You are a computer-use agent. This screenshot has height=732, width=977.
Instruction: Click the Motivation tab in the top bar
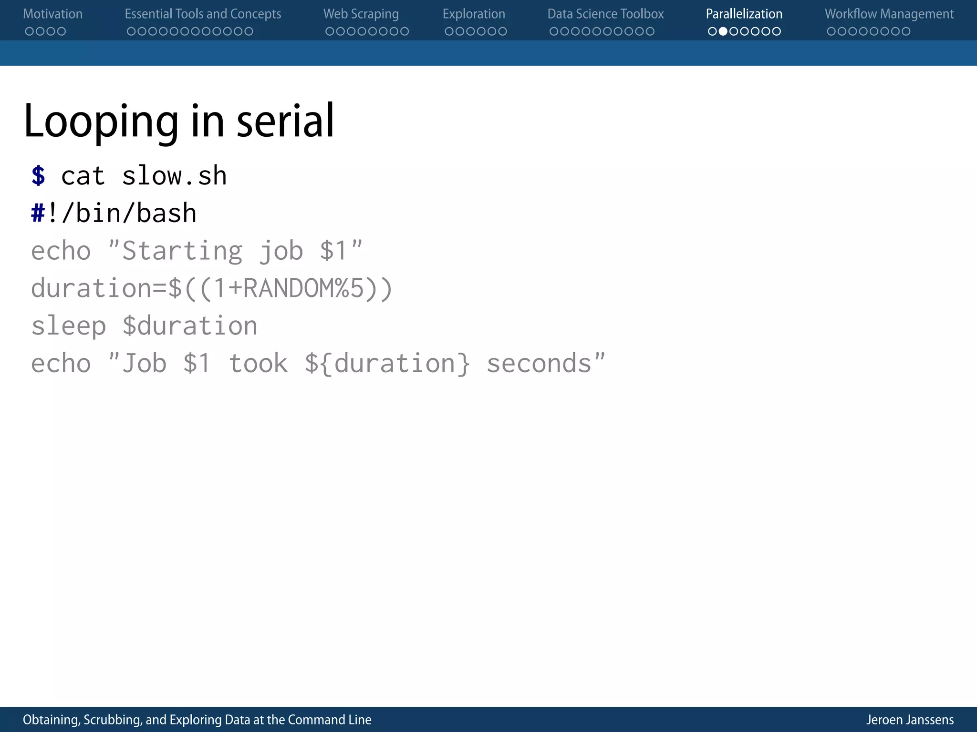click(x=52, y=14)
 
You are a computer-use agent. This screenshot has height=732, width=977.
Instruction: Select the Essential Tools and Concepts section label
click(x=203, y=14)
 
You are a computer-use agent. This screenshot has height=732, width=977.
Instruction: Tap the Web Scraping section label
click(x=361, y=14)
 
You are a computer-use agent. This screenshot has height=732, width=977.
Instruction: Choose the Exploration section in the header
click(x=474, y=14)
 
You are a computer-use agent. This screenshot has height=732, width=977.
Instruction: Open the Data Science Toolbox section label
click(x=605, y=14)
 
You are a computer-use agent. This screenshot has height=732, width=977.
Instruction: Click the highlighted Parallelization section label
click(x=744, y=14)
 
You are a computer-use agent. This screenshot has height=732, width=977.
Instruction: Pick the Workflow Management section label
click(x=889, y=14)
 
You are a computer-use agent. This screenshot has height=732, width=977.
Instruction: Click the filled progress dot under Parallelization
click(x=723, y=31)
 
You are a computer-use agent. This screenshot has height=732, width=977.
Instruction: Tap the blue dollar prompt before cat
click(x=38, y=176)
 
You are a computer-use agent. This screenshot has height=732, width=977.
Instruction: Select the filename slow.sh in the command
click(x=174, y=176)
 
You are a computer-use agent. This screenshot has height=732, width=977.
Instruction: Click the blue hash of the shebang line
click(x=38, y=213)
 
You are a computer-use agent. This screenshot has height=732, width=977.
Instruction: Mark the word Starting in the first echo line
click(x=182, y=251)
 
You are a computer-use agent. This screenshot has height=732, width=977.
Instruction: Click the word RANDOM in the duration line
click(x=289, y=288)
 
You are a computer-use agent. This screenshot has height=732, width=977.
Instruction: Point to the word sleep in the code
click(x=68, y=326)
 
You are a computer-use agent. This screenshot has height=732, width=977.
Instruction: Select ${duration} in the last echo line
click(x=387, y=364)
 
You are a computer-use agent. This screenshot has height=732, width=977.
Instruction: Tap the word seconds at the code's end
click(x=539, y=364)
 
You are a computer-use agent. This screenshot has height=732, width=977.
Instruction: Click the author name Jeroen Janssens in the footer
click(x=910, y=720)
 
